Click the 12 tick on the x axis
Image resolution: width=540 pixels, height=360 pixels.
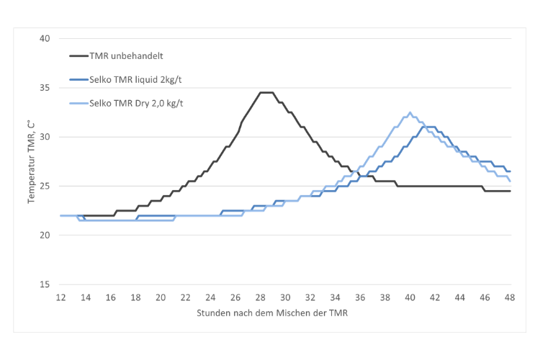[x=62, y=297]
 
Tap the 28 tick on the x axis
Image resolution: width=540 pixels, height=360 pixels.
[x=261, y=297]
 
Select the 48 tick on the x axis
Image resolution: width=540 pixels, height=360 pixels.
[x=510, y=297]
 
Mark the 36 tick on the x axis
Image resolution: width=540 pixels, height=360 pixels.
[x=360, y=297]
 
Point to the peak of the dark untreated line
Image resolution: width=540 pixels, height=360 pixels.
[x=266, y=92]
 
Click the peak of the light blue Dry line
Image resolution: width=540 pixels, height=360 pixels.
[x=410, y=112]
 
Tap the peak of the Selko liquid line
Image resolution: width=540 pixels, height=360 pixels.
[x=429, y=127]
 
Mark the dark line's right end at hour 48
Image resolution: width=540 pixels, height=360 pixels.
[x=510, y=191]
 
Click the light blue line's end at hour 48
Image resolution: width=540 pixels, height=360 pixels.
[x=510, y=181]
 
